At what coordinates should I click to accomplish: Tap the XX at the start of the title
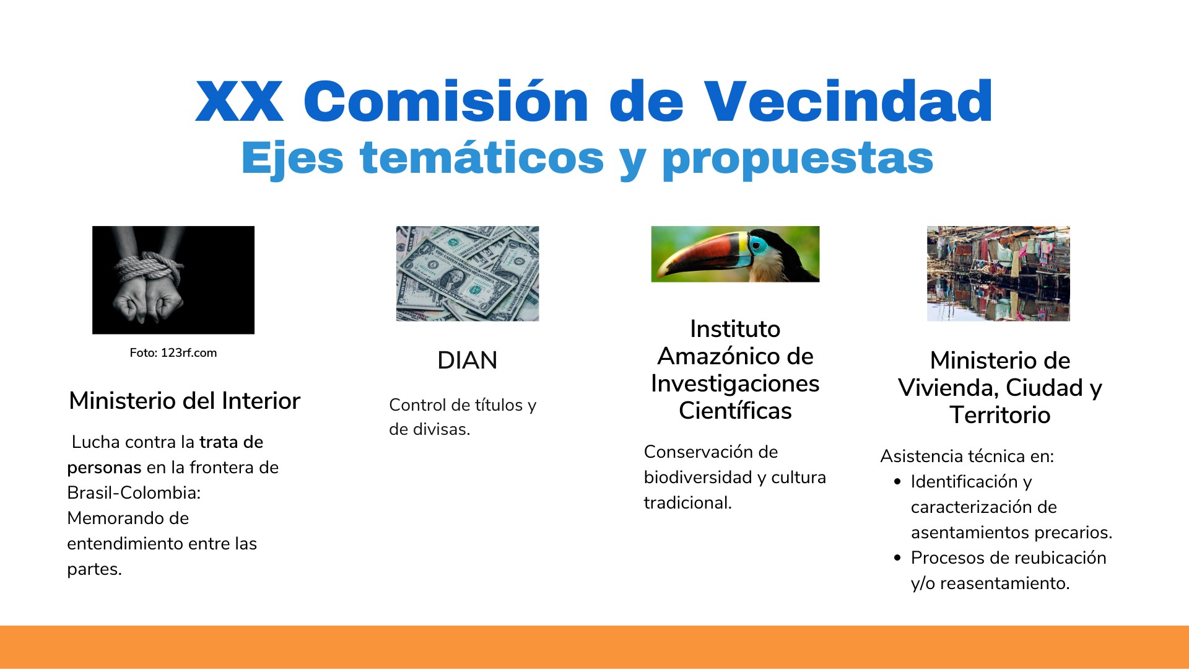[x=240, y=101]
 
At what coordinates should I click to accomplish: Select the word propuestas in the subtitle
[x=798, y=159]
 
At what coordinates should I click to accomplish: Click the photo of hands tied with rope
[x=173, y=280]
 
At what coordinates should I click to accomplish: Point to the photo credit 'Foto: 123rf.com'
[x=173, y=353]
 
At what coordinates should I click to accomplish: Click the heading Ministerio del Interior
[x=185, y=401]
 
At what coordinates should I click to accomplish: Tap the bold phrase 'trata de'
[x=232, y=442]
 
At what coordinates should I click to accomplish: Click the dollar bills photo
[x=468, y=273]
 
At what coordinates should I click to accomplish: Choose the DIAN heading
[x=468, y=361]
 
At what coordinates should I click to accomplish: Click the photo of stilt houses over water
[x=998, y=273]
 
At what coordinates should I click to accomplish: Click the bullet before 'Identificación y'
[x=898, y=482]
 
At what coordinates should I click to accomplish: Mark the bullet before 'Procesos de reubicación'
[x=898, y=558]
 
